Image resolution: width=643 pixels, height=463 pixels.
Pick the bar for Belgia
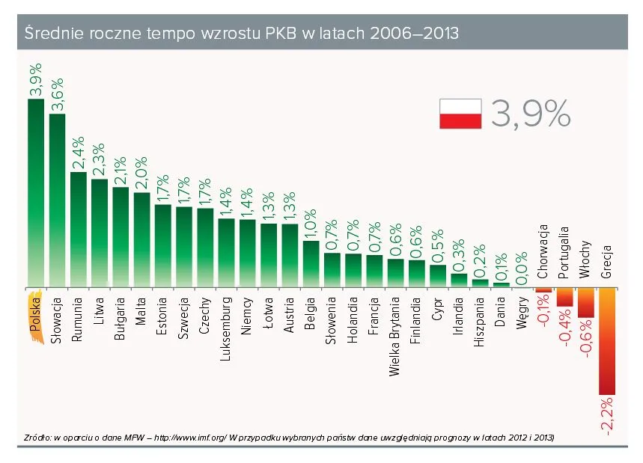pyautogui.click(x=311, y=264)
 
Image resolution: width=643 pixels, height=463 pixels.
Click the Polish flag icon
pyautogui.click(x=459, y=113)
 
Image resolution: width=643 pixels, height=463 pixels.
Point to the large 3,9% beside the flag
pyautogui.click(x=531, y=114)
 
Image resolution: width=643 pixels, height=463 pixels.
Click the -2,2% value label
pyautogui.click(x=607, y=416)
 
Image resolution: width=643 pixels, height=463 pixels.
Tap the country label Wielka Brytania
pyautogui.click(x=395, y=336)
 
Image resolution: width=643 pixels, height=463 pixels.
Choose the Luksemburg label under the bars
pyautogui.click(x=226, y=330)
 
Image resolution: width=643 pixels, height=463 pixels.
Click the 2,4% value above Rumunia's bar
pyautogui.click(x=78, y=153)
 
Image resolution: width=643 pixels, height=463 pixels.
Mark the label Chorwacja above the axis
pyautogui.click(x=544, y=251)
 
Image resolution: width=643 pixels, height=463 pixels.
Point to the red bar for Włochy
pyautogui.click(x=586, y=303)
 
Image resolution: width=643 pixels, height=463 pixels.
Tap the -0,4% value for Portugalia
pyautogui.click(x=565, y=330)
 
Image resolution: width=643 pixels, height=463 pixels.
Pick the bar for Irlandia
pyautogui.click(x=459, y=280)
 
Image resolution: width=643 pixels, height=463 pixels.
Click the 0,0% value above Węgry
pyautogui.click(x=522, y=268)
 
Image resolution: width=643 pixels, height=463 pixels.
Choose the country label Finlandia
pyautogui.click(x=416, y=322)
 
